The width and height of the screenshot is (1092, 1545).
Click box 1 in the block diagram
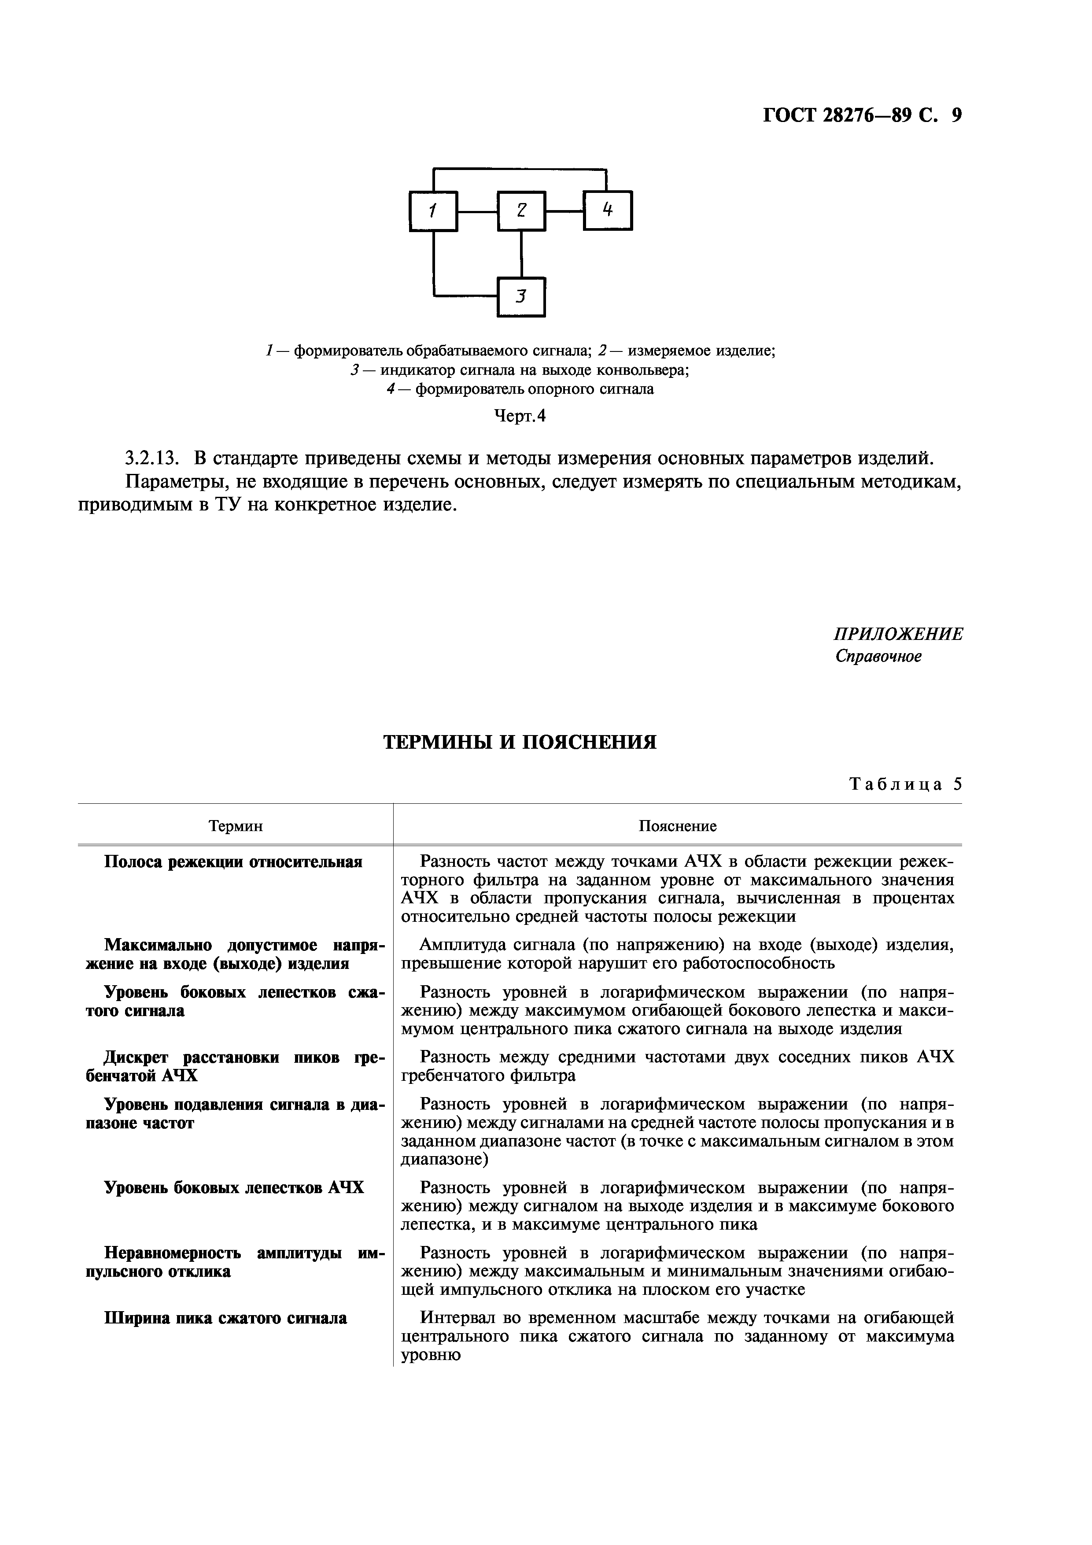(433, 211)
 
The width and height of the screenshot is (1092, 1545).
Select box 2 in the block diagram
(521, 211)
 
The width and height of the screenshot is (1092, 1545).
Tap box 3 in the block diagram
(521, 297)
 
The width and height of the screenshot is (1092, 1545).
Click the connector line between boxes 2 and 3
(521, 254)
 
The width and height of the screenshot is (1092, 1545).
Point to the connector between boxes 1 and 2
(477, 211)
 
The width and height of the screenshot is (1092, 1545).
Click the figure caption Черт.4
(520, 417)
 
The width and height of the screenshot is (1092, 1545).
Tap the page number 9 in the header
(956, 116)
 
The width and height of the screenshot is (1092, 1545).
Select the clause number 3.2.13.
(153, 458)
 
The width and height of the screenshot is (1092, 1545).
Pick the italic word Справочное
(878, 656)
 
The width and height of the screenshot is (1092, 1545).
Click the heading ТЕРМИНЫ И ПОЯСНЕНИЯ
(520, 742)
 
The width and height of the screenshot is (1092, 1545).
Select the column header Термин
(236, 826)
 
